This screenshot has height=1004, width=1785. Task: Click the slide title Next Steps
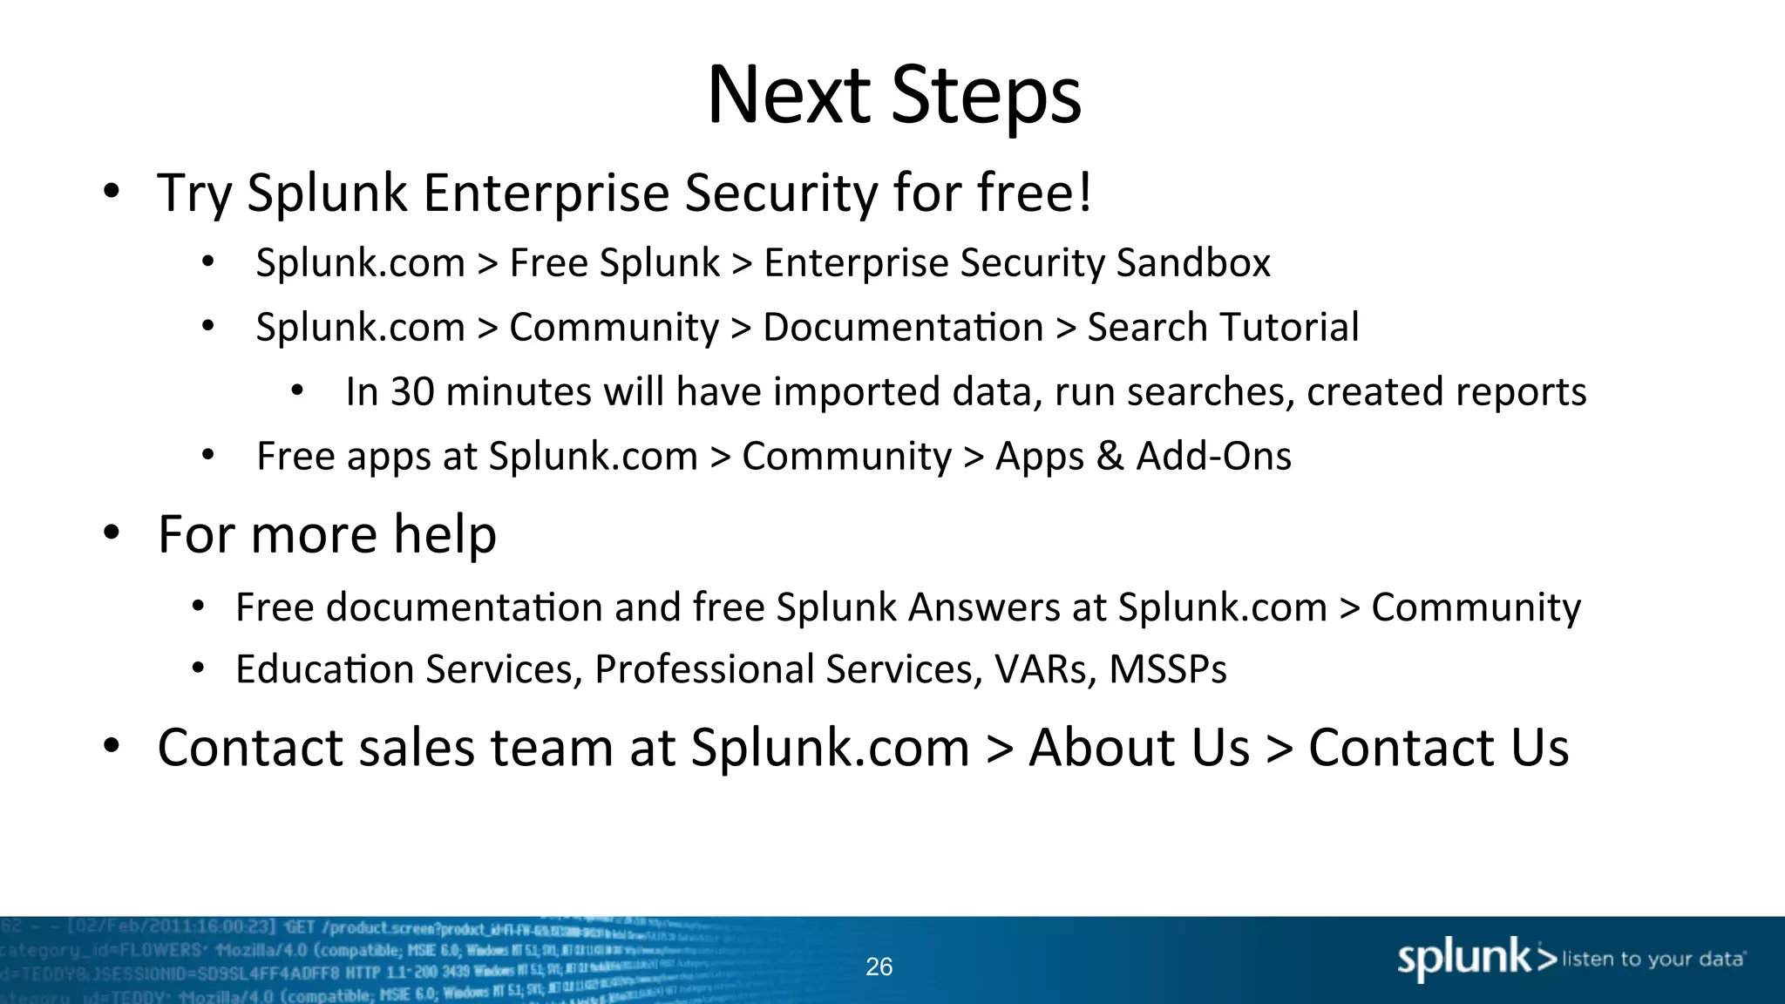point(893,96)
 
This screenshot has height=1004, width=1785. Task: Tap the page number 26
point(879,967)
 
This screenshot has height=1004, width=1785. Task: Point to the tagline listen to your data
point(1653,960)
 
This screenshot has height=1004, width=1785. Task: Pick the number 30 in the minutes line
point(411,392)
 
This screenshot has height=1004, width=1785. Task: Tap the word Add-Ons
point(1213,457)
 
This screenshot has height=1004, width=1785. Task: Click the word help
point(445,534)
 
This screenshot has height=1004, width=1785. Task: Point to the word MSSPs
point(1168,669)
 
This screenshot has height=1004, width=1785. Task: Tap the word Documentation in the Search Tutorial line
point(903,328)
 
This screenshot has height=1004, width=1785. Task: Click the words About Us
point(1139,748)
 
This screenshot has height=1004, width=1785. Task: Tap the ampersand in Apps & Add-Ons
point(1110,457)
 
